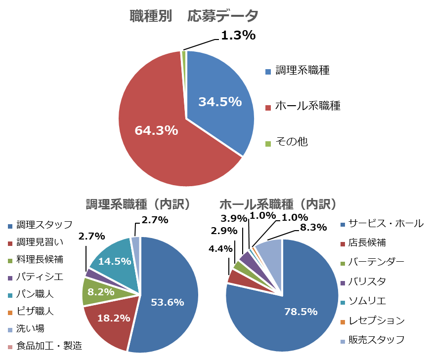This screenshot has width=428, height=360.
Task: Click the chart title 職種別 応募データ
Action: click(x=194, y=16)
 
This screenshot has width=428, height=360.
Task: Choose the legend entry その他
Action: click(x=291, y=142)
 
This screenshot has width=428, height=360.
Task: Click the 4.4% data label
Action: click(x=220, y=249)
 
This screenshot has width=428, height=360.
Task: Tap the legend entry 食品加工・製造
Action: click(x=49, y=346)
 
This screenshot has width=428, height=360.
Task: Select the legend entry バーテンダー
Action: click(x=376, y=262)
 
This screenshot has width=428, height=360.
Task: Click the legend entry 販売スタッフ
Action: click(x=376, y=340)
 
